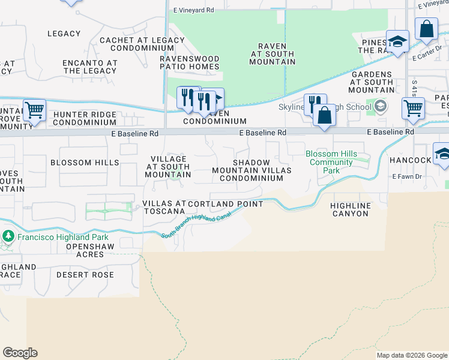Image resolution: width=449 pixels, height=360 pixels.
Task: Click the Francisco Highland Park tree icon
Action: pos(8,236)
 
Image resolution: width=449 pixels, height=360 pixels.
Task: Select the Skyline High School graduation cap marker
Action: pos(379,107)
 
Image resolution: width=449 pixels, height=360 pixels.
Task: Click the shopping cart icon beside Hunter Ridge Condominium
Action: pos(35,110)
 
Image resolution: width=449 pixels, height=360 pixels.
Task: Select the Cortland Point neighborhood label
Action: pos(225,204)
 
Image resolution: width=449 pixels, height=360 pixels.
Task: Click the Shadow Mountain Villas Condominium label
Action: pos(252,170)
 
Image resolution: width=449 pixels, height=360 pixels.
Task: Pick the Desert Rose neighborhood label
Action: pos(85,275)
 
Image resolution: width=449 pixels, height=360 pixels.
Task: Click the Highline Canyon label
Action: pos(351,209)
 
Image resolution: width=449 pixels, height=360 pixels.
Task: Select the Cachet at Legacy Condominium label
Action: pos(142,44)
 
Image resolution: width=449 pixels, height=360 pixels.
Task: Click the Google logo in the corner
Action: pos(20,353)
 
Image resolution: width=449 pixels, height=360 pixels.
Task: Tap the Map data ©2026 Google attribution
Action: pos(412,355)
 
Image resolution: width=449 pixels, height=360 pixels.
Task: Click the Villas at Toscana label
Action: pos(164,208)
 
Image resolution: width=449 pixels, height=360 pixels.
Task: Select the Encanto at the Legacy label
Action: pos(90,67)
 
